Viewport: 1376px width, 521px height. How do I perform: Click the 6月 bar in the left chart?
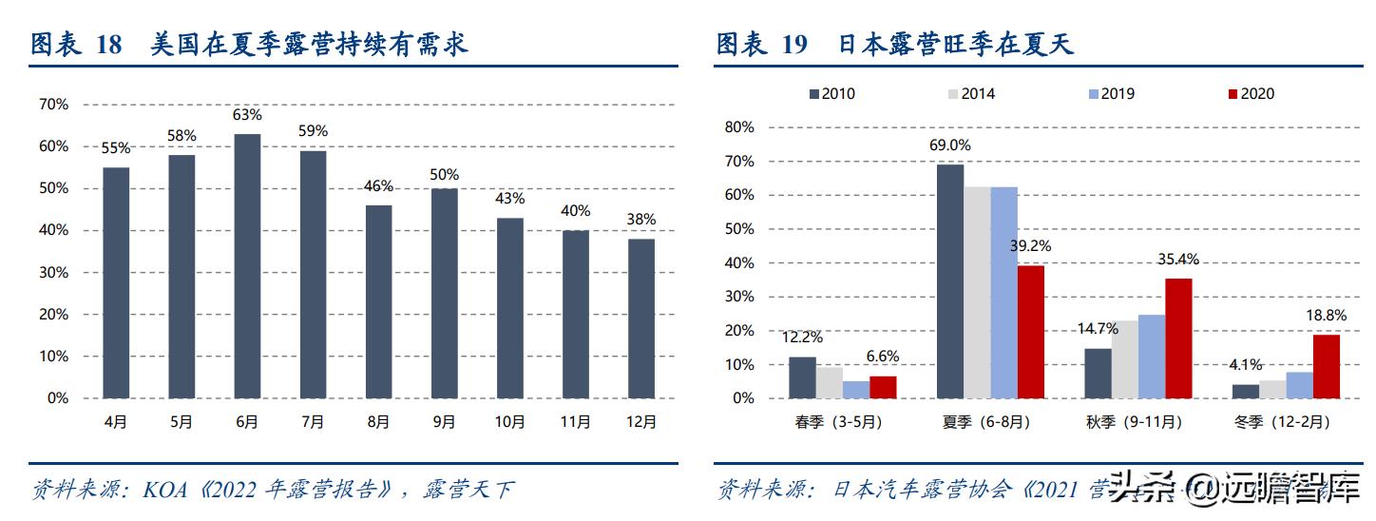pyautogui.click(x=247, y=266)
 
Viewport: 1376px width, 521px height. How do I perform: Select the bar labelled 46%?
pyautogui.click(x=378, y=301)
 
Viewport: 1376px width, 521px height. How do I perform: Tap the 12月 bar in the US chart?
pyautogui.click(x=640, y=318)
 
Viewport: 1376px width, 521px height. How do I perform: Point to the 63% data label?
pyautogui.click(x=247, y=115)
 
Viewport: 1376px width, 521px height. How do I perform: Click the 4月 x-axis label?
pyautogui.click(x=116, y=423)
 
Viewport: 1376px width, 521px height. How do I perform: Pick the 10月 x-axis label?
pyautogui.click(x=509, y=423)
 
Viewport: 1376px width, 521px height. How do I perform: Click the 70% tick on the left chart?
pyautogui.click(x=54, y=105)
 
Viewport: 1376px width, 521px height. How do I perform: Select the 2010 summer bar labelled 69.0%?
pyautogui.click(x=950, y=281)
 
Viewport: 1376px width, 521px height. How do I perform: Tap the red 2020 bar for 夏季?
pyautogui.click(x=1030, y=332)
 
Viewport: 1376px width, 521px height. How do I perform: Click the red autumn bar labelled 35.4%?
pyautogui.click(x=1178, y=338)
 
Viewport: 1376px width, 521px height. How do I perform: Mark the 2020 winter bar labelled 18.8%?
pyautogui.click(x=1327, y=366)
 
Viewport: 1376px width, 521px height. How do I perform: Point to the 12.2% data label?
pyautogui.click(x=802, y=337)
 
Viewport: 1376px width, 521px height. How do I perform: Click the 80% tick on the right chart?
pyautogui.click(x=739, y=127)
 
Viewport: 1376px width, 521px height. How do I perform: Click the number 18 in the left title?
pyautogui.click(x=109, y=45)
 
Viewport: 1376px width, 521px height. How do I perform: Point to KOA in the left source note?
pyautogui.click(x=165, y=492)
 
